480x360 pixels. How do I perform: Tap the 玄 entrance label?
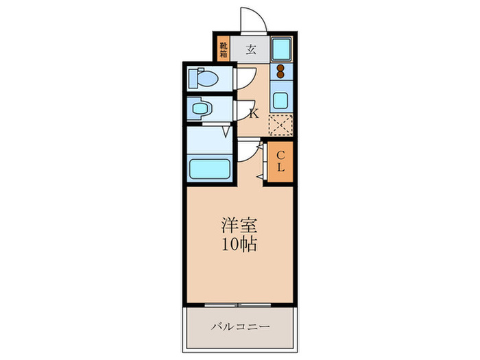pyautogui.click(x=250, y=49)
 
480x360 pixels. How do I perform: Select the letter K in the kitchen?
pyautogui.click(x=253, y=114)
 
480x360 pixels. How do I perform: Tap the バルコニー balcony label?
pyautogui.click(x=239, y=326)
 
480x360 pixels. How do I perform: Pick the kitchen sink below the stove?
pyautogui.click(x=280, y=99)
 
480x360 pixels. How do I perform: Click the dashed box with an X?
pyautogui.click(x=280, y=125)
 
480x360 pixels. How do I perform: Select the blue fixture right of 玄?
pyautogui.click(x=280, y=49)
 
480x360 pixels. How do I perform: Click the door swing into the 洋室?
pyautogui.click(x=248, y=155)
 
